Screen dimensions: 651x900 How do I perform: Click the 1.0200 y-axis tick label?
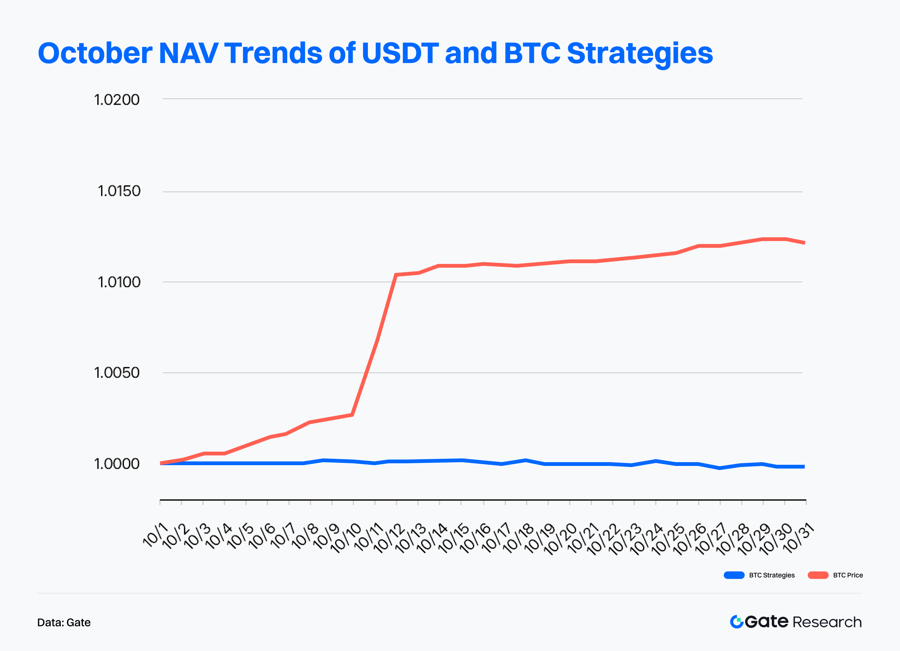(x=117, y=100)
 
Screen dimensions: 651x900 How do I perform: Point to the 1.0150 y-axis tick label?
(x=119, y=191)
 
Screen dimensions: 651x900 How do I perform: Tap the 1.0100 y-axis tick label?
(x=119, y=282)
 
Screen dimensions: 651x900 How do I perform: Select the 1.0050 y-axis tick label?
(x=117, y=372)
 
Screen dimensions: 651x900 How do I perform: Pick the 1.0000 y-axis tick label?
(x=117, y=464)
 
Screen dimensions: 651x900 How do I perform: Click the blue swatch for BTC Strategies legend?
(x=734, y=575)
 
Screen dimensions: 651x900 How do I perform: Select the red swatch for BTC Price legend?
(x=818, y=575)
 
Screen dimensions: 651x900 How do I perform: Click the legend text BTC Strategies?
(x=772, y=575)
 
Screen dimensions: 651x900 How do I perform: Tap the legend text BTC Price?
(x=848, y=575)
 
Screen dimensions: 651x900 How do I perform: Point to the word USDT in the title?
(x=400, y=53)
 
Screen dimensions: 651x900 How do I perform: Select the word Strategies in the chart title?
(x=640, y=54)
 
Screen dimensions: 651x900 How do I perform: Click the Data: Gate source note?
(x=64, y=622)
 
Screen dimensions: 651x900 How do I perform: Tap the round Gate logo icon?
(x=736, y=622)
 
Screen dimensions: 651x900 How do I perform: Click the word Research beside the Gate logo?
(x=827, y=622)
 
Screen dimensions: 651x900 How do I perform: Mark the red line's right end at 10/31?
(x=804, y=243)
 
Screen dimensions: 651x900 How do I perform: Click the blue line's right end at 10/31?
(x=804, y=467)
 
